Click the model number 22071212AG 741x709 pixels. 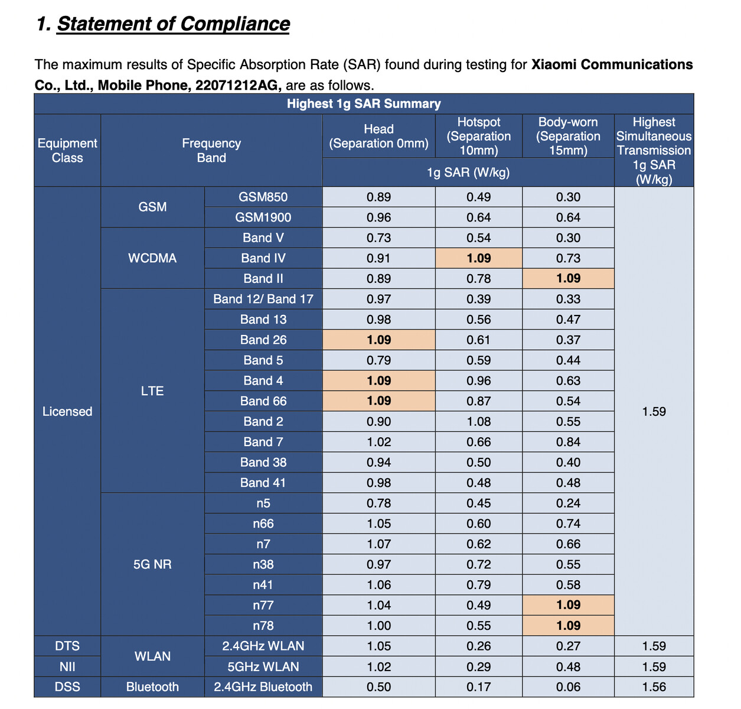point(238,85)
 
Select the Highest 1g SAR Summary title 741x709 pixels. point(364,103)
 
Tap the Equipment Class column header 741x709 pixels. point(67,150)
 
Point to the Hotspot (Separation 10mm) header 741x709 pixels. point(479,136)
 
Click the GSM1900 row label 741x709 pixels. point(263,217)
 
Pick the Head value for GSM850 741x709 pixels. point(378,197)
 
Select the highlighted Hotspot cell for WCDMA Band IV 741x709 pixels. point(479,258)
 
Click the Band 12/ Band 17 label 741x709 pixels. point(263,299)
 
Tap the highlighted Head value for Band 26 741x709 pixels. point(378,340)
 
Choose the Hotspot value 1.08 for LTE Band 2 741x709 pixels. point(479,421)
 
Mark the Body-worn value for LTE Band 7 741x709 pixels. point(568,441)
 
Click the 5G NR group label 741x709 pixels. point(152,564)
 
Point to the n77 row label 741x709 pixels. point(263,605)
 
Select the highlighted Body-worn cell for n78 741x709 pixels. point(568,625)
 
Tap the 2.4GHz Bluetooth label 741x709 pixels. point(263,687)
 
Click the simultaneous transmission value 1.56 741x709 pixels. point(654,687)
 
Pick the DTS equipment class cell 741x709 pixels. point(67,646)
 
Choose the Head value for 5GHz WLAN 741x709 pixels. point(378,666)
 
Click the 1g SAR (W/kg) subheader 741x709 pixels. point(468,173)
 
